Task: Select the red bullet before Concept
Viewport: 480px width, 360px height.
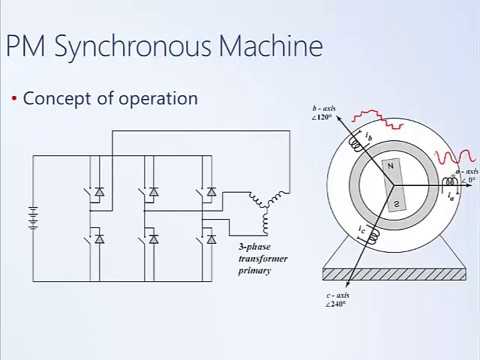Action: click(14, 99)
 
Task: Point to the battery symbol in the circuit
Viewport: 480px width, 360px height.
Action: click(34, 216)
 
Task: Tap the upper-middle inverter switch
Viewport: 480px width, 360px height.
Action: click(153, 191)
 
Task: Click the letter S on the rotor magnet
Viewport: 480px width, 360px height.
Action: click(396, 204)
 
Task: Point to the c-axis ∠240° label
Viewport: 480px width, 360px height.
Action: click(343, 300)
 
